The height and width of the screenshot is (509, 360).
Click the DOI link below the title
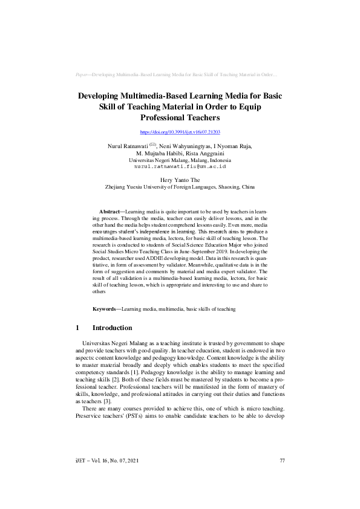pyautogui.click(x=180, y=132)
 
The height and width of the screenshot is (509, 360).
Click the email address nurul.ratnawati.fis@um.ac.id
pyautogui.click(x=180, y=166)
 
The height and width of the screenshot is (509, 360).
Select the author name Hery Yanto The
pyautogui.click(x=180, y=180)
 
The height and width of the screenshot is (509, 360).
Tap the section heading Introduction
pyautogui.click(x=112, y=328)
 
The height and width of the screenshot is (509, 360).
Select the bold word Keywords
pyautogui.click(x=106, y=309)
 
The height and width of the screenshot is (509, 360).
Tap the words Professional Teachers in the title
pyautogui.click(x=180, y=118)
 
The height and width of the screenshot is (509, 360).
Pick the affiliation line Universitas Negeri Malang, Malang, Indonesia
pyautogui.click(x=180, y=160)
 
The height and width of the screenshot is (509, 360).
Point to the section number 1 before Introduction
pyautogui.click(x=77, y=328)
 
